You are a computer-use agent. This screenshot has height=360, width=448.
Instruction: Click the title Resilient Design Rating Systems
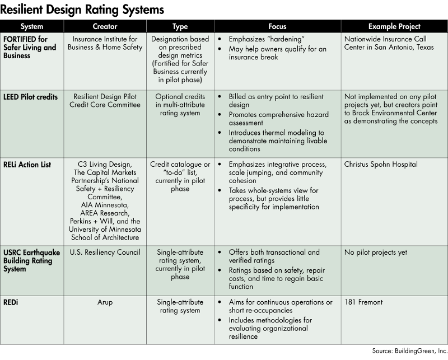[82, 9]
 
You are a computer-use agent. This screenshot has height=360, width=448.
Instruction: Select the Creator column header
[104, 26]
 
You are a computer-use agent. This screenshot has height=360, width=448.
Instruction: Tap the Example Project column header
[394, 26]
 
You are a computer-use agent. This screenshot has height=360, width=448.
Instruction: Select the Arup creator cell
[104, 302]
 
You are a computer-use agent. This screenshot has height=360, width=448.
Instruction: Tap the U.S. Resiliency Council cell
[104, 253]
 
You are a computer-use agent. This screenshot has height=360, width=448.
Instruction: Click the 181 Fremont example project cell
[364, 302]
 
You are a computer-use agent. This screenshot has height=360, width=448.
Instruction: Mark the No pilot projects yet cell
[376, 253]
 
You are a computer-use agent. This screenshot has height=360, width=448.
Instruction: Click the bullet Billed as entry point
[274, 101]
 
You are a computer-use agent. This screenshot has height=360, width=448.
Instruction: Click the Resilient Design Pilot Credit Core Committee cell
[104, 101]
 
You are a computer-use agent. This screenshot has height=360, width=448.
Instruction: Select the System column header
[32, 26]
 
